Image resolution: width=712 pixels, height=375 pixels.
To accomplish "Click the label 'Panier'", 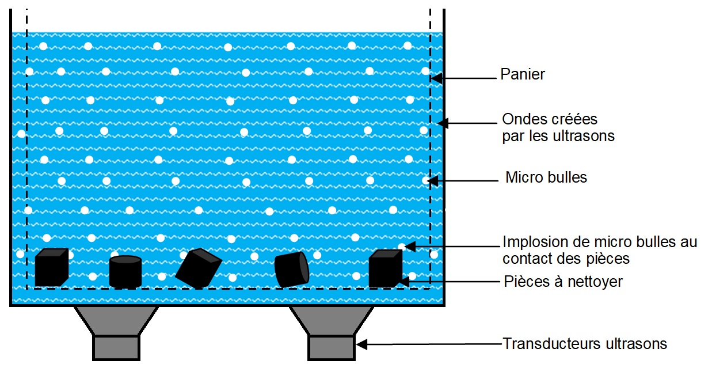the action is point(523,74).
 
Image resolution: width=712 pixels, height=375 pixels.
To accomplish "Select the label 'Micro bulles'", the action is point(546,177).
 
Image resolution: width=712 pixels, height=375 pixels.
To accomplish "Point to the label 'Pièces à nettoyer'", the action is point(563,282).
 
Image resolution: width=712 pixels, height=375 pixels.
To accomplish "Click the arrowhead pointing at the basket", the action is point(436,78).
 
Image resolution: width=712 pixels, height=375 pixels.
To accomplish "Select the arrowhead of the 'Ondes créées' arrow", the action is point(443,123).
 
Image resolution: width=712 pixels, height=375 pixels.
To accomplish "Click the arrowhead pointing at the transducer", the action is point(361,344).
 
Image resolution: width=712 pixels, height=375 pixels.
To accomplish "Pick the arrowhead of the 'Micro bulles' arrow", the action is point(433,181).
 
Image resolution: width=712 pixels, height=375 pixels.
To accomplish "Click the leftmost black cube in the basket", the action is point(51,267).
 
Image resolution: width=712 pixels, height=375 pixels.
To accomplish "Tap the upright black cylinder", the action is point(125,272).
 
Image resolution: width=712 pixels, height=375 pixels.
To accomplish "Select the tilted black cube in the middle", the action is point(199,268).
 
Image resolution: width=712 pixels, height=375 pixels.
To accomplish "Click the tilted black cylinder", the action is point(292,270).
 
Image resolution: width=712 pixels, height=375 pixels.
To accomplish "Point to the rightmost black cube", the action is point(385,268).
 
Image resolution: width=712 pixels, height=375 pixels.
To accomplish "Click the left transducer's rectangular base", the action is point(116,348).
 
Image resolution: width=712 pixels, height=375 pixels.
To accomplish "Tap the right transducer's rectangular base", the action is point(332,348).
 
